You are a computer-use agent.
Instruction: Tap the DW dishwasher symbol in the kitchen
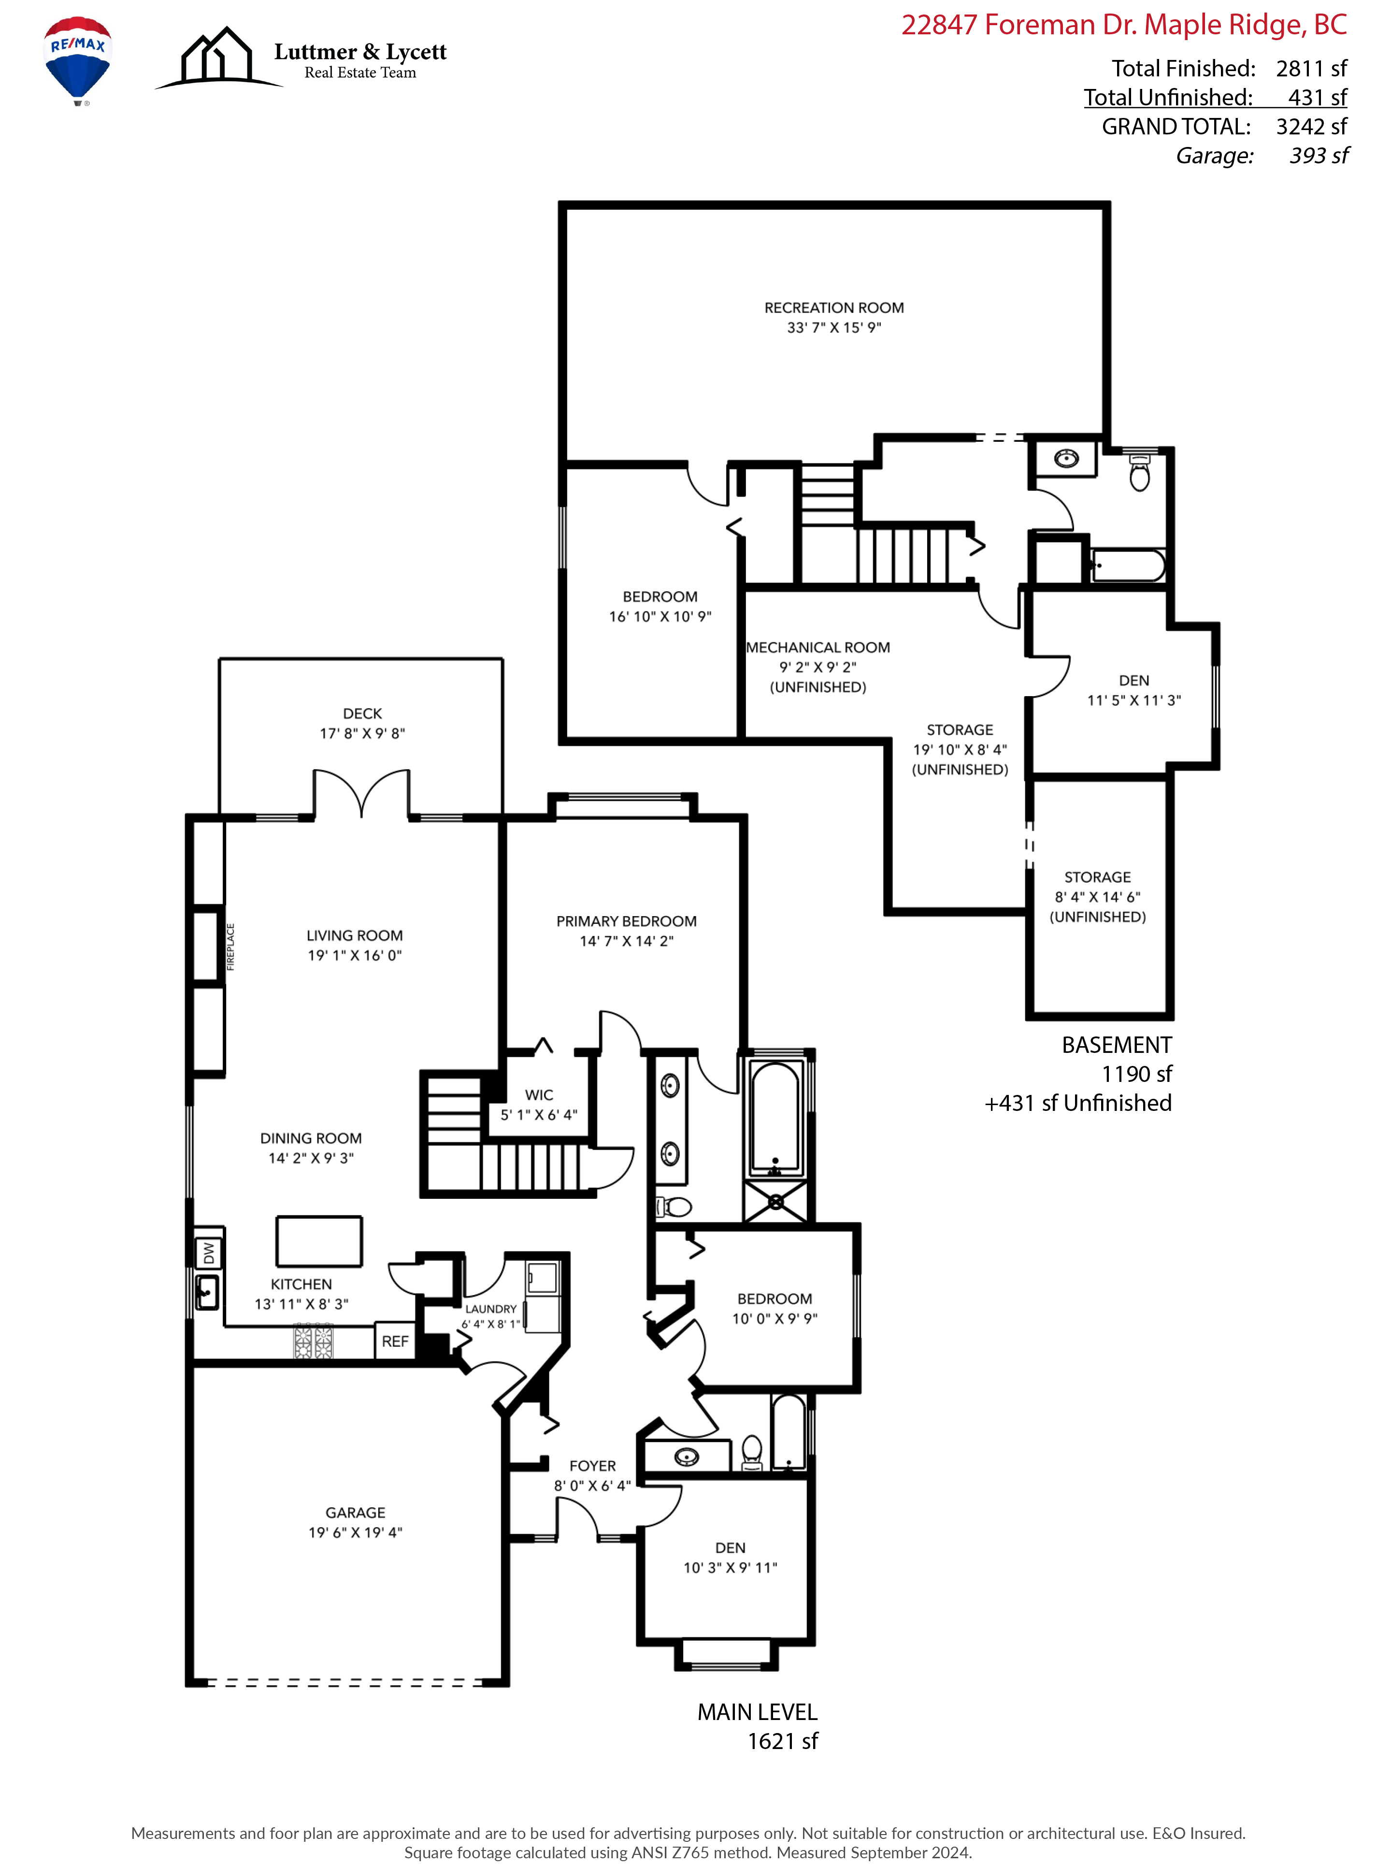[x=208, y=1253]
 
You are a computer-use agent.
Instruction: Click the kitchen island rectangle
[x=319, y=1241]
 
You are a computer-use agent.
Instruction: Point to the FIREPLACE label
[x=231, y=947]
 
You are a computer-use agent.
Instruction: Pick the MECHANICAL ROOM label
[x=818, y=647]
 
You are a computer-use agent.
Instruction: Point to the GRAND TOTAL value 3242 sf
[x=1311, y=127]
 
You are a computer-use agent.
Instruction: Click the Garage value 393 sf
[x=1319, y=156]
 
